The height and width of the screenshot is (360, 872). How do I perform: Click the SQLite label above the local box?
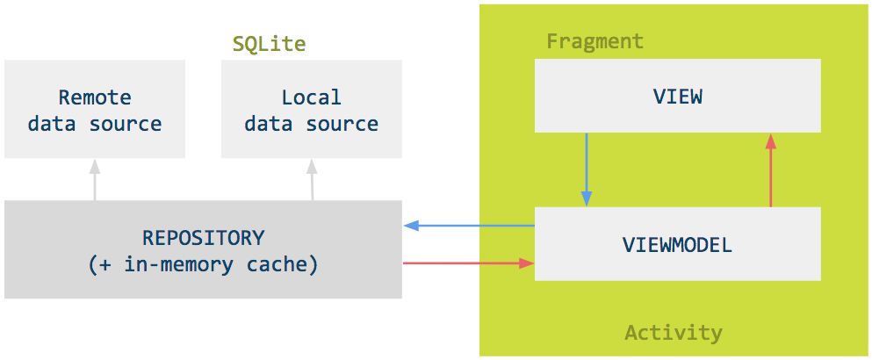pyautogui.click(x=269, y=44)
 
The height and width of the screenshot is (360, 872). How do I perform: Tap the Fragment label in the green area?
pyautogui.click(x=595, y=41)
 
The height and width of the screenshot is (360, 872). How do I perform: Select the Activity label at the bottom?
pyautogui.click(x=673, y=333)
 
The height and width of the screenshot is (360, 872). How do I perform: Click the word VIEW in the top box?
pyautogui.click(x=677, y=97)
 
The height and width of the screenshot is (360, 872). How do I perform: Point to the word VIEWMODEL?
pyautogui.click(x=677, y=245)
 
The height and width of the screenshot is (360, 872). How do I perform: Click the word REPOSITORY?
pyautogui.click(x=203, y=237)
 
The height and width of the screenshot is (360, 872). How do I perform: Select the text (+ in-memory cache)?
pyautogui.click(x=203, y=263)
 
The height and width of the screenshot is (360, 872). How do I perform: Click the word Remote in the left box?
pyautogui.click(x=95, y=97)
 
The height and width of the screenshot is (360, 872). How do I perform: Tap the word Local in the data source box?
pyautogui.click(x=311, y=97)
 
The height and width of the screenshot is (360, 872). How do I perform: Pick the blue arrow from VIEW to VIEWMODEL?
pyautogui.click(x=587, y=167)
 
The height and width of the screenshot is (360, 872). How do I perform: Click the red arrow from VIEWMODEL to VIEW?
pyautogui.click(x=770, y=171)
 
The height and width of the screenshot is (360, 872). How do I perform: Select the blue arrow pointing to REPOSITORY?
pyautogui.click(x=470, y=227)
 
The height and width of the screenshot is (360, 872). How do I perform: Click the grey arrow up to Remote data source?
pyautogui.click(x=95, y=180)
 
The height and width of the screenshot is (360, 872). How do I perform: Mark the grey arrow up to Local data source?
pyautogui.click(x=312, y=180)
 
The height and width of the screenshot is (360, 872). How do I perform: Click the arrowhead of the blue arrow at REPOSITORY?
pyautogui.click(x=409, y=227)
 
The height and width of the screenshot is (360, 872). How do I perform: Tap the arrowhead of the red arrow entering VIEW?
pyautogui.click(x=770, y=140)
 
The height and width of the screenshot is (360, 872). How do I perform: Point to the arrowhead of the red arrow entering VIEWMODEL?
pyautogui.click(x=528, y=263)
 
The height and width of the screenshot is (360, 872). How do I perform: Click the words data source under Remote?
pyautogui.click(x=95, y=124)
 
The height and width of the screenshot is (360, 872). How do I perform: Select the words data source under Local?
pyautogui.click(x=311, y=124)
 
